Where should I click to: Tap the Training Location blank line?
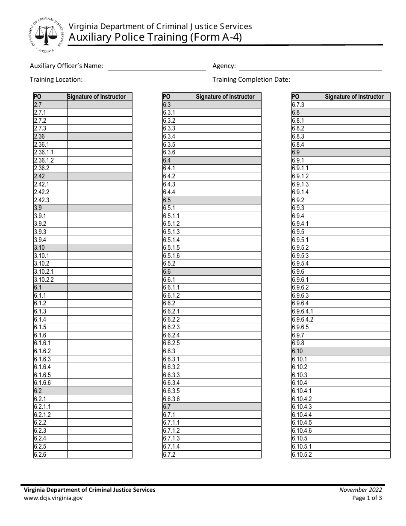point(146,80)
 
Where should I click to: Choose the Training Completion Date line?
point(338,80)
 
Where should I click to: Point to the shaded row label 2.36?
point(39,136)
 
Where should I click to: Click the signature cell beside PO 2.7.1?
point(100,112)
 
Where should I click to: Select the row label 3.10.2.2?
point(44,280)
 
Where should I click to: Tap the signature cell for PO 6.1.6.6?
point(100,383)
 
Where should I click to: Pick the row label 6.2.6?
point(40,455)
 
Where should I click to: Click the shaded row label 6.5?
point(167,200)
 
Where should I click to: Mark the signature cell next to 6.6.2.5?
point(228,343)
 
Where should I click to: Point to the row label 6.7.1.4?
point(172,446)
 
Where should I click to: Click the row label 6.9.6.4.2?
point(303,319)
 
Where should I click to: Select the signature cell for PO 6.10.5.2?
point(357,455)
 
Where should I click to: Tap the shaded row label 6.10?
point(297,351)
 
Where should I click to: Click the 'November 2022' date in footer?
point(361,490)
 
